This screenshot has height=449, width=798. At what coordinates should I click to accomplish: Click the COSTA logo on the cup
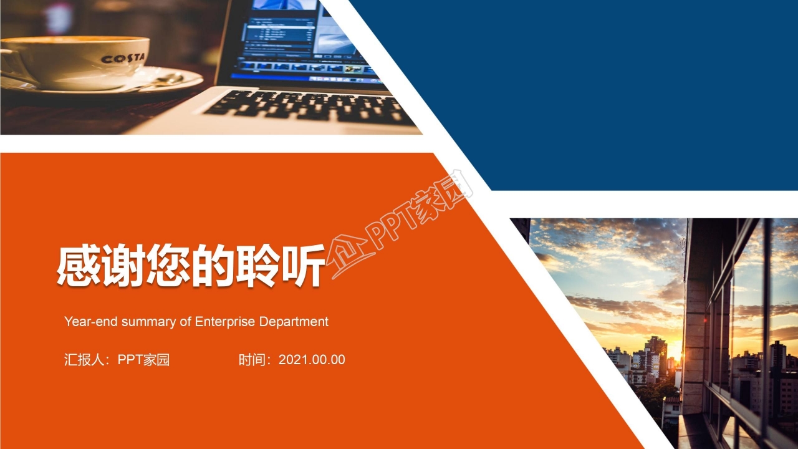(x=123, y=59)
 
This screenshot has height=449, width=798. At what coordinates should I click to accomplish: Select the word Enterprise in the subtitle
(x=225, y=322)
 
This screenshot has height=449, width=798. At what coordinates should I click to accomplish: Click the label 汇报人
(x=84, y=360)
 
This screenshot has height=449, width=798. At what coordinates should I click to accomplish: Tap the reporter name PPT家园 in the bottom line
(x=143, y=360)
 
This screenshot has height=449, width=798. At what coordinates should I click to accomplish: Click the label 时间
(x=252, y=360)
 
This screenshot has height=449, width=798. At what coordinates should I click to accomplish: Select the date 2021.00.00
(x=312, y=360)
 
